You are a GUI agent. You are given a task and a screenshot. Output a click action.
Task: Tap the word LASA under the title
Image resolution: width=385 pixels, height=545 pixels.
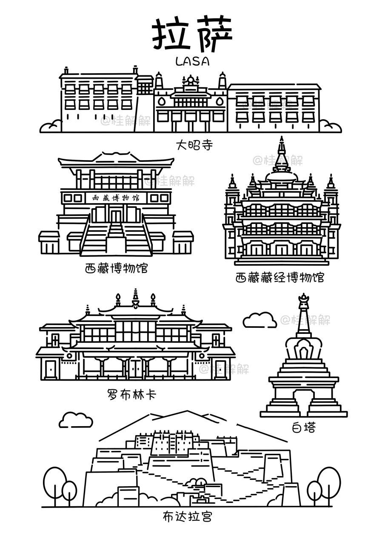(192, 61)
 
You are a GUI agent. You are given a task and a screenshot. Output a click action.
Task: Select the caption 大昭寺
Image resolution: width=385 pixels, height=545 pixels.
(194, 145)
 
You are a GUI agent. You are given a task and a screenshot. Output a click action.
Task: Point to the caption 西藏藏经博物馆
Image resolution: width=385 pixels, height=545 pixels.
(279, 278)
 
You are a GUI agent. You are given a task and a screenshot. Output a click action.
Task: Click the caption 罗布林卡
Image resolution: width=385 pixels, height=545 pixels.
(131, 394)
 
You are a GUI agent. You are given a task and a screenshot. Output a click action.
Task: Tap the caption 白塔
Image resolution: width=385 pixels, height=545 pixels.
(304, 427)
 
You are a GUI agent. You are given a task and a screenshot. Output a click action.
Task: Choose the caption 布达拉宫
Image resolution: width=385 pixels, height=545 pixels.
(187, 516)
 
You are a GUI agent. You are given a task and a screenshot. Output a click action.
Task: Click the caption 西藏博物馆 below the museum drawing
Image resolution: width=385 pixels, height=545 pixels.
(116, 268)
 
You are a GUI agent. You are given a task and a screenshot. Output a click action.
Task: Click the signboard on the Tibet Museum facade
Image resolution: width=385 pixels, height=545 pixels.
(116, 198)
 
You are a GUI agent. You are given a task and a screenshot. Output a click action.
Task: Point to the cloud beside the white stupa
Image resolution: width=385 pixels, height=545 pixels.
(260, 320)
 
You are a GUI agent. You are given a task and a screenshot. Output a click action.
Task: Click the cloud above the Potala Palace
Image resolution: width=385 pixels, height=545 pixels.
(75, 420)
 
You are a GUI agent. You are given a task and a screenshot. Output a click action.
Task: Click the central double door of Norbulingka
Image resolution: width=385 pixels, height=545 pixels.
(136, 369)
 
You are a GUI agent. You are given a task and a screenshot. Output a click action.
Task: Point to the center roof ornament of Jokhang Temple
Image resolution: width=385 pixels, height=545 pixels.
(190, 80)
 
